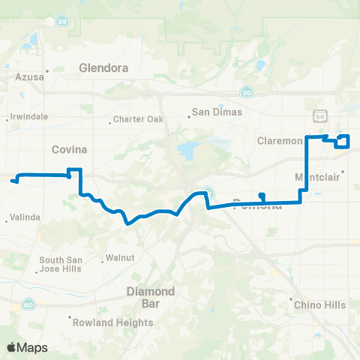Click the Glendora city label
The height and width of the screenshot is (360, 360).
103,67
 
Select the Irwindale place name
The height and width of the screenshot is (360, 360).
28,117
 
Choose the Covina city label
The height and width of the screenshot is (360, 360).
70,149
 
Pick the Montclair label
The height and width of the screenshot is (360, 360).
319,177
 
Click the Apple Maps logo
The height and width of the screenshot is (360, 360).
28,347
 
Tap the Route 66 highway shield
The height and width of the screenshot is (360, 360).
320,116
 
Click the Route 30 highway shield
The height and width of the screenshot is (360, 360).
247,91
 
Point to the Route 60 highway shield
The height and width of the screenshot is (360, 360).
27,304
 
